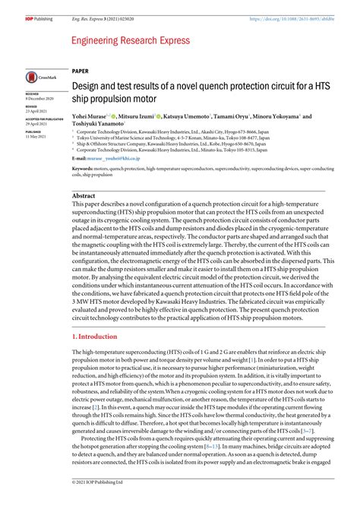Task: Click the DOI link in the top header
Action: coord(298,7)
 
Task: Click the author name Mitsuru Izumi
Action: coord(137,117)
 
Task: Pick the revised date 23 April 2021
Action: coord(36,109)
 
